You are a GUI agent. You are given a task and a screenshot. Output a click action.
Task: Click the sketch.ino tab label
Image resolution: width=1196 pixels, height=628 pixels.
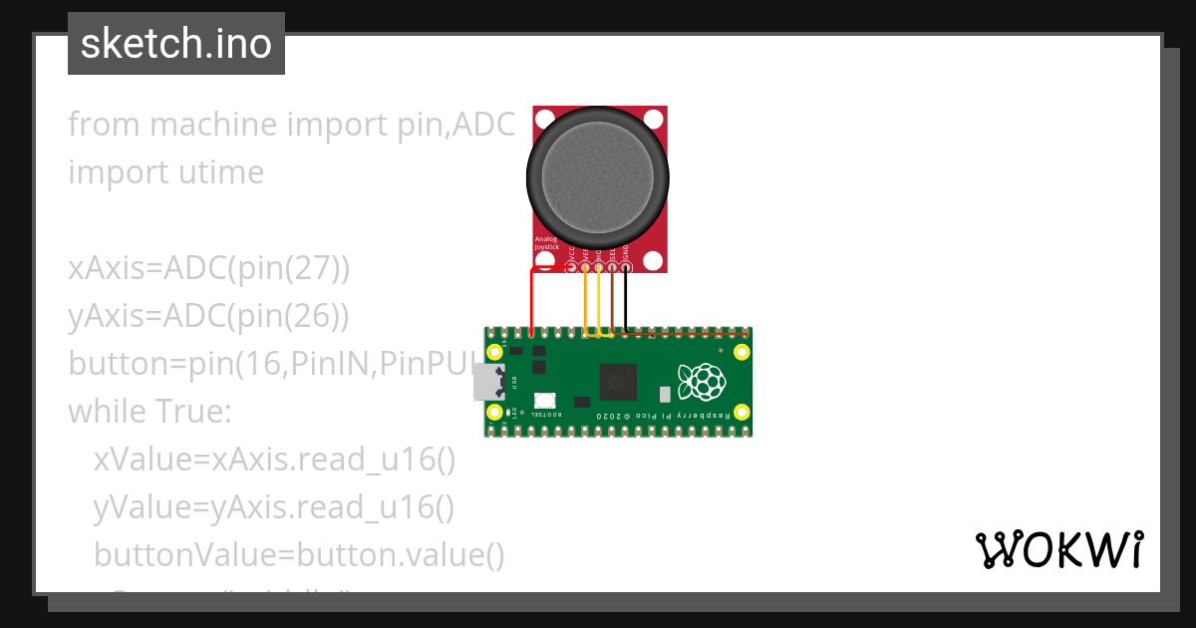(x=176, y=45)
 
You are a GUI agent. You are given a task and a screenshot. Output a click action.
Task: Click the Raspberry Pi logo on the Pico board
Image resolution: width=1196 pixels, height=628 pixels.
(x=700, y=381)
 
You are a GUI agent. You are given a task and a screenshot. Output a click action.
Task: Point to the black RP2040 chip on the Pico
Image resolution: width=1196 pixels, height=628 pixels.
(x=618, y=382)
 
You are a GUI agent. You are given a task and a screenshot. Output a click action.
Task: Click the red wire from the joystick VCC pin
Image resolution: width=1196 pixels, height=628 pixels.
(x=532, y=299)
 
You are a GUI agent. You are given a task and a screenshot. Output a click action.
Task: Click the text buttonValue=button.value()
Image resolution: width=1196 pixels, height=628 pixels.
(x=299, y=555)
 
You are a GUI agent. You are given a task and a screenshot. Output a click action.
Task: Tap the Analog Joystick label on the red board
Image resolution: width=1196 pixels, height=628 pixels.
(x=547, y=243)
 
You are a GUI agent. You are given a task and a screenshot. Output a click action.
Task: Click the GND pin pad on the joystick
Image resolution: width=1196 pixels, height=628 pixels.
(x=626, y=266)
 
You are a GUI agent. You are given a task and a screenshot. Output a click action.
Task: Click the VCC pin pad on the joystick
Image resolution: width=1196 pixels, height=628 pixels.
(x=571, y=266)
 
